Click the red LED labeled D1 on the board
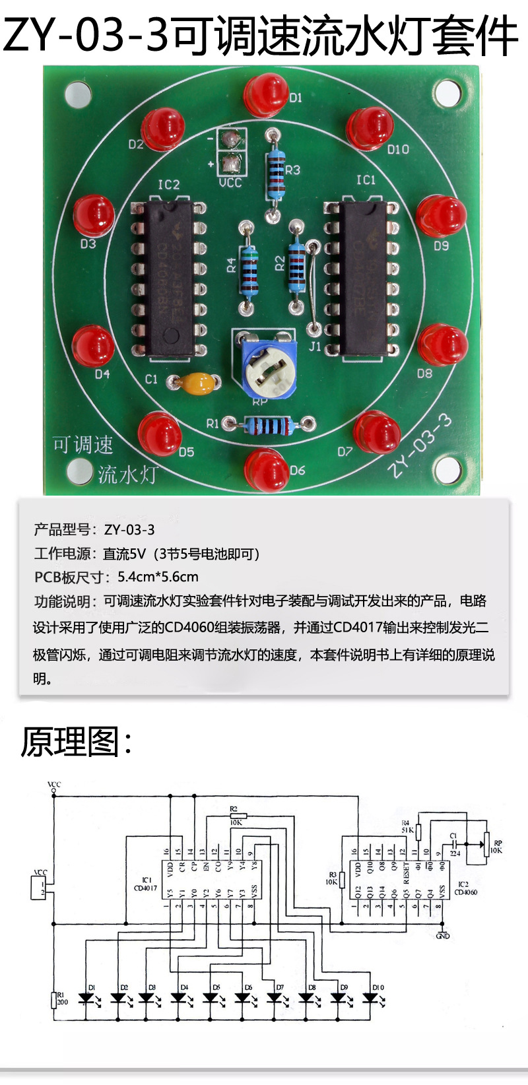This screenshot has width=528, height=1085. (x=266, y=94)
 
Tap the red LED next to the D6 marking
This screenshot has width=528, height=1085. (x=266, y=469)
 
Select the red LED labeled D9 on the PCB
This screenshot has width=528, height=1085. (x=442, y=216)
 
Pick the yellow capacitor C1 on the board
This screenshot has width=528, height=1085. (x=195, y=383)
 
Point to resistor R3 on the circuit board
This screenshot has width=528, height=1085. (x=275, y=174)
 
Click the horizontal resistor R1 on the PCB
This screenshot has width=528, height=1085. (x=267, y=425)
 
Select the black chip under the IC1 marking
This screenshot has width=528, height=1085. (x=364, y=278)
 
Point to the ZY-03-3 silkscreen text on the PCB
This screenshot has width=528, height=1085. (x=420, y=445)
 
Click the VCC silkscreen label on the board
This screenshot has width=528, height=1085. (x=230, y=183)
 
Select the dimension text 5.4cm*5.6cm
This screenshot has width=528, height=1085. (x=158, y=577)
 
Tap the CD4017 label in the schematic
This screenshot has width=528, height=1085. (x=146, y=888)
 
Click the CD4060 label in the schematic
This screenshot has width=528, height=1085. (x=466, y=892)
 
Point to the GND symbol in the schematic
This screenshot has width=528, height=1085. (x=443, y=935)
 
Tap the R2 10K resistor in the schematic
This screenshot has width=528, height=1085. (x=234, y=816)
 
